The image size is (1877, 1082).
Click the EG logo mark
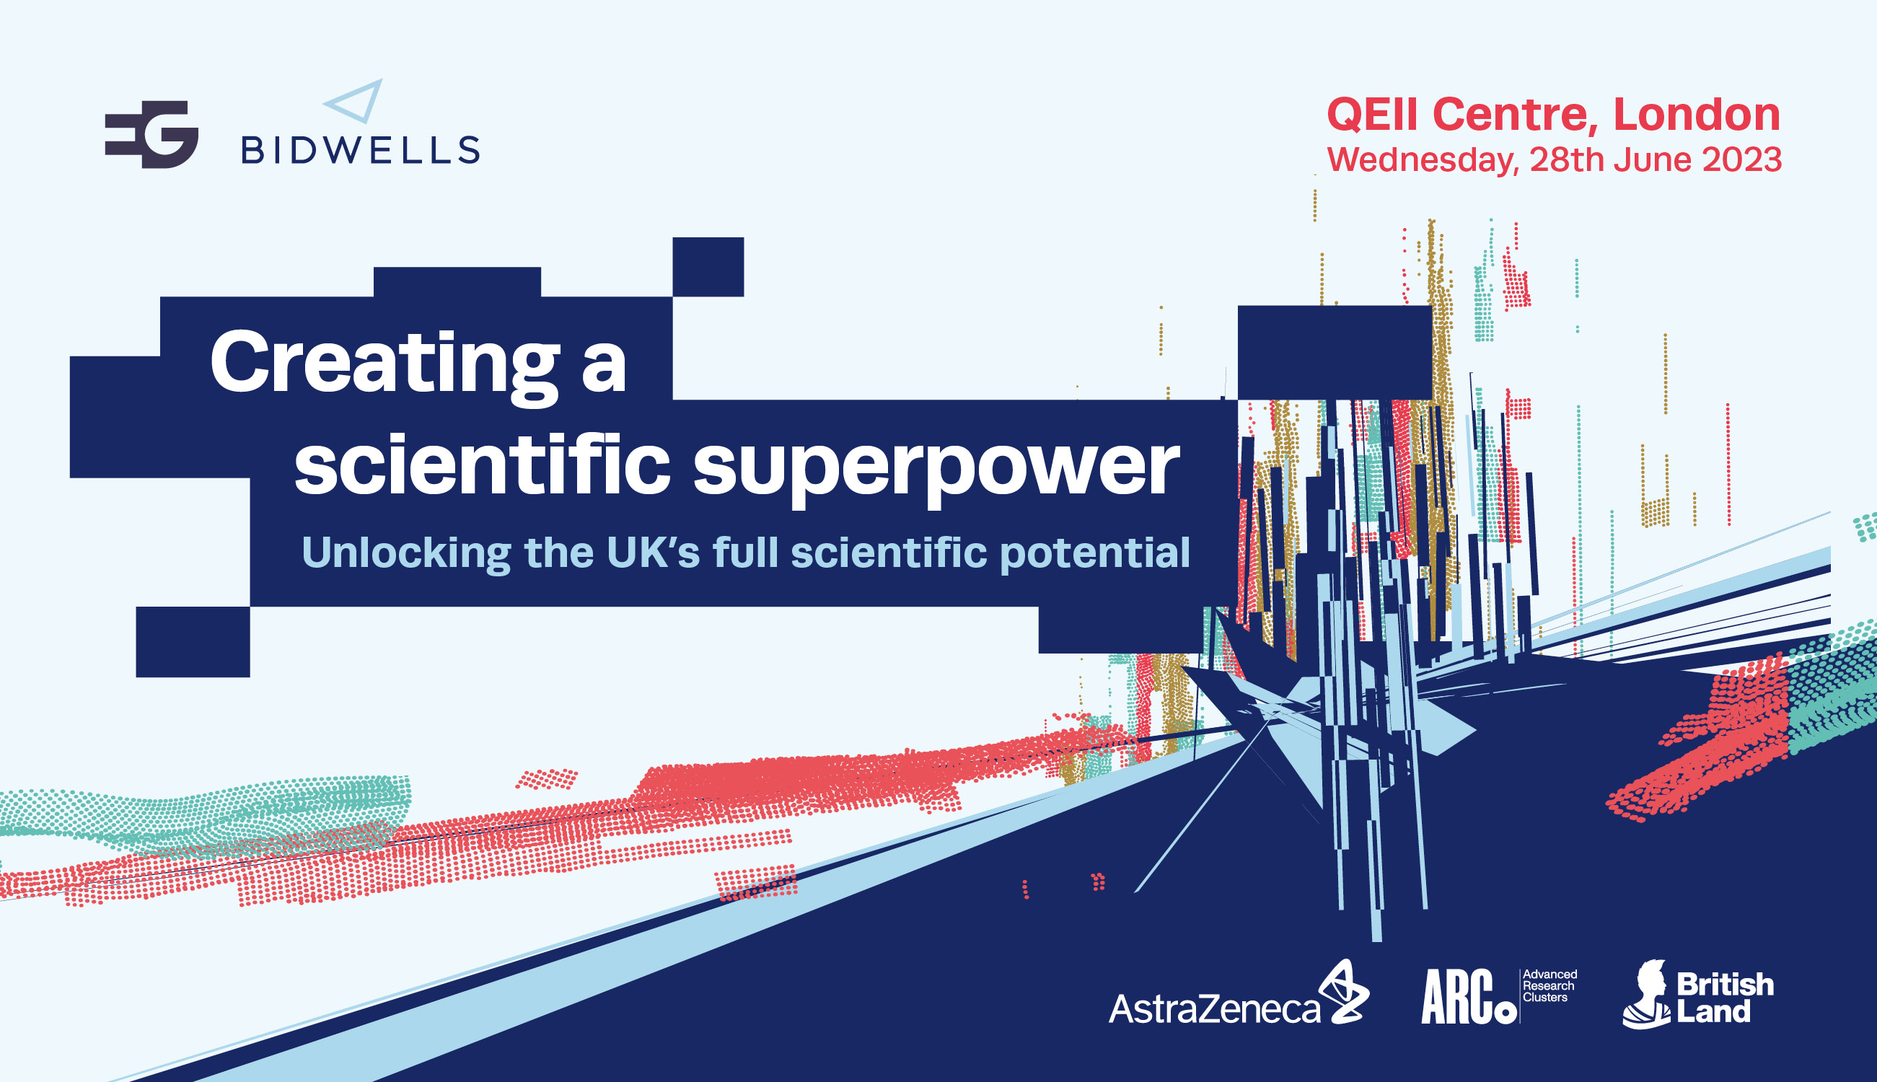point(151,133)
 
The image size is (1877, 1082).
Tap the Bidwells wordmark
point(361,150)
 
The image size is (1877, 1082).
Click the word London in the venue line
point(1697,115)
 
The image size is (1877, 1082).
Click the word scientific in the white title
point(483,464)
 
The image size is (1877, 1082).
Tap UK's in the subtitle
point(653,552)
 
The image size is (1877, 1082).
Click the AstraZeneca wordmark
point(1214,1009)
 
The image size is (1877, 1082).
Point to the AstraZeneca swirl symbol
point(1344,991)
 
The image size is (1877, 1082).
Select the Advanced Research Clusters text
point(1549,985)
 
